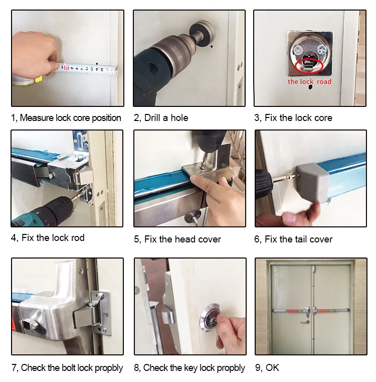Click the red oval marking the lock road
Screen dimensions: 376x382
coord(309,60)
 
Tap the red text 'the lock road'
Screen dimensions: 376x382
coord(309,82)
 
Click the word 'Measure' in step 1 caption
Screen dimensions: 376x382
coord(37,118)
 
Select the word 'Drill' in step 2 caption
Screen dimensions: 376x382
coord(152,118)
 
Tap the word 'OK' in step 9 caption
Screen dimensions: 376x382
coord(272,367)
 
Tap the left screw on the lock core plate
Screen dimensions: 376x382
coord(297,51)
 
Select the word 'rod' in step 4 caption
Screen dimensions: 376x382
coord(78,238)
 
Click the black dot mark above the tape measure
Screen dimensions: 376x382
coord(97,64)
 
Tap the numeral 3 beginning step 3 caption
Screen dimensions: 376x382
coord(257,118)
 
